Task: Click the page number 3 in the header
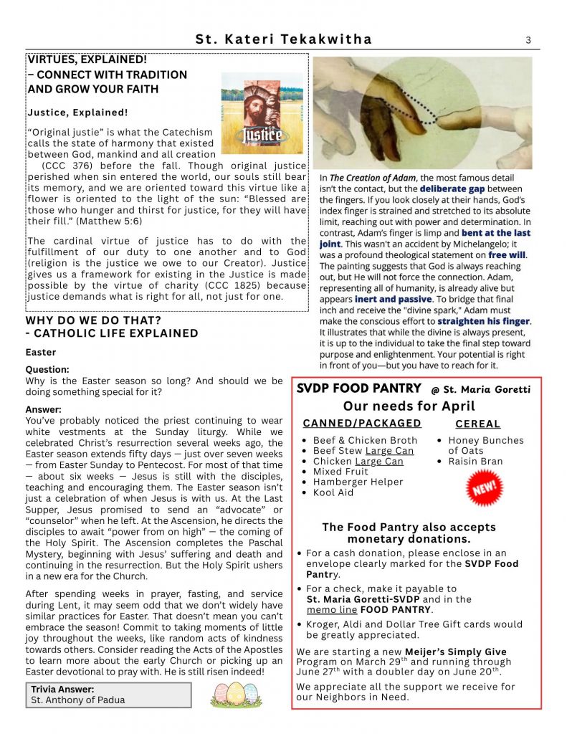(x=528, y=40)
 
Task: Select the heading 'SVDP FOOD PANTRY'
(x=359, y=389)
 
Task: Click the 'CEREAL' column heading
(x=478, y=424)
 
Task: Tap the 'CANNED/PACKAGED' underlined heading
(x=362, y=424)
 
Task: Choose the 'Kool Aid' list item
(x=333, y=492)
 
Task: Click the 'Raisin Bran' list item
(x=475, y=461)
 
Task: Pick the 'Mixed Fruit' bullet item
(x=340, y=472)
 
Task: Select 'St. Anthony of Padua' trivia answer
(x=77, y=700)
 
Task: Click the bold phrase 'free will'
(x=507, y=254)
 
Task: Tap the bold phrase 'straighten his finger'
(x=483, y=321)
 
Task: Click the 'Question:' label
(x=47, y=370)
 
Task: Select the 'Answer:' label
(x=44, y=409)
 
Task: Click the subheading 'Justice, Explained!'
(x=77, y=113)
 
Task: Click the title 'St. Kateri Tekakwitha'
(x=284, y=40)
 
